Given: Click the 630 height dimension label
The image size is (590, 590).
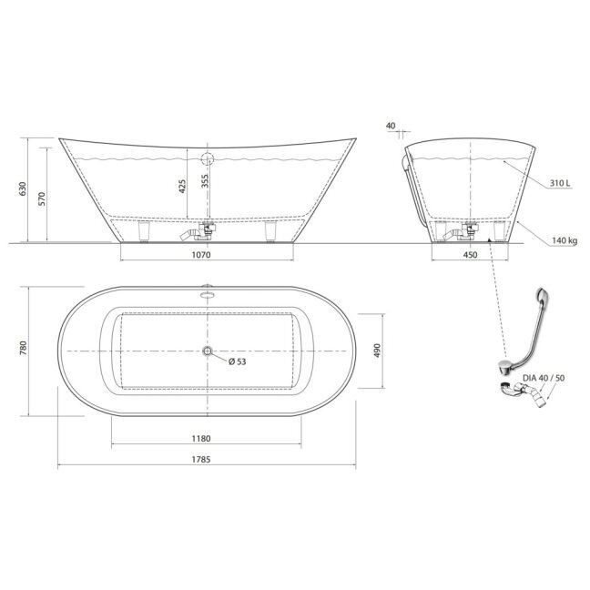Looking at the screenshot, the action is click(23, 188).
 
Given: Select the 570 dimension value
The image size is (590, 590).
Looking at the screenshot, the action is click(41, 198).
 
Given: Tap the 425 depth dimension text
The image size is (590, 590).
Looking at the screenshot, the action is click(182, 187).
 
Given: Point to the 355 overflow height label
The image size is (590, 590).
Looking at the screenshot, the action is click(204, 181).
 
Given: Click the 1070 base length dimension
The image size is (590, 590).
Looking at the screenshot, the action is click(201, 255).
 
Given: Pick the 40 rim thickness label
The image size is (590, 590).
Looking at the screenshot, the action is click(391, 126).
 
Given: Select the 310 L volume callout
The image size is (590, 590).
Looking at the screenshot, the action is click(560, 183).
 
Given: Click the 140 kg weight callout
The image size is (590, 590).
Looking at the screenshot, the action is click(565, 240).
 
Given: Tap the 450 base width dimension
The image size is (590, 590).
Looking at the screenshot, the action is click(470, 255).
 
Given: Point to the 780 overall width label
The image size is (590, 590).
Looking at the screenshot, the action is click(24, 348).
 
